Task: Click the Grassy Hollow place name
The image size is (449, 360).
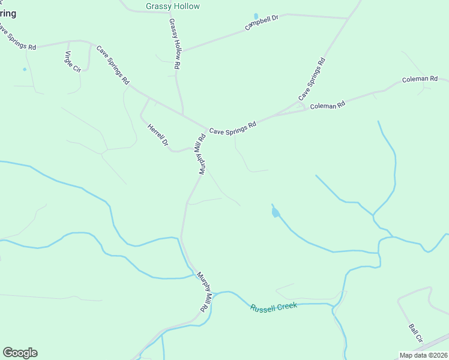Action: point(173,7)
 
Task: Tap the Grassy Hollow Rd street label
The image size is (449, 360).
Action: point(175,44)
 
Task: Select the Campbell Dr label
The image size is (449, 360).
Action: point(262,23)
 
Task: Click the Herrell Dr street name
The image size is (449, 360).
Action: point(158,135)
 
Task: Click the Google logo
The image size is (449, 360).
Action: point(20,353)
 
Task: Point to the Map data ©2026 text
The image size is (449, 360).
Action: point(423,355)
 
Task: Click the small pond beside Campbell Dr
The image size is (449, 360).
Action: point(256,16)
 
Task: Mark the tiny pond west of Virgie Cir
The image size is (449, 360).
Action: point(25,69)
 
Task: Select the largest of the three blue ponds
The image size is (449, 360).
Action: point(275,212)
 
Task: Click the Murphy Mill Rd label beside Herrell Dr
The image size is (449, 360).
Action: point(199,154)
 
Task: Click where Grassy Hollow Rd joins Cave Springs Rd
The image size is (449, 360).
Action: point(183,114)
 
